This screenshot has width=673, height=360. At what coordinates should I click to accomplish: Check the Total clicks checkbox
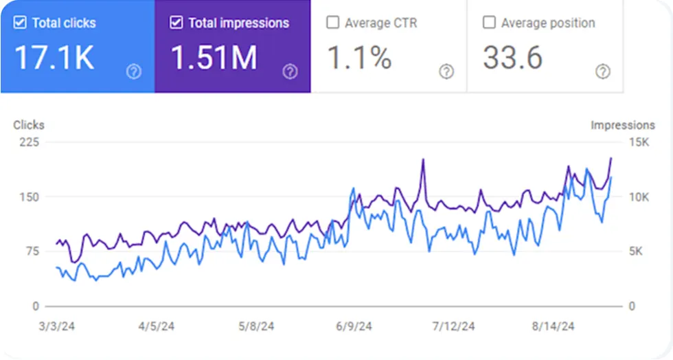[20, 23]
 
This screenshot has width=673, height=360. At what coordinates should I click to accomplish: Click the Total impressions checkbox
[176, 23]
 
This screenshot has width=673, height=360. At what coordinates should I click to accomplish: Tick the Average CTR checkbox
[332, 23]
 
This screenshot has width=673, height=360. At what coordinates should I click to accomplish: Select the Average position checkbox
[489, 23]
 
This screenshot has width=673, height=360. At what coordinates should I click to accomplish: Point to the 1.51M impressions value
[214, 58]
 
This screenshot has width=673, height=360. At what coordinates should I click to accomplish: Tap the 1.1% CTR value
[359, 58]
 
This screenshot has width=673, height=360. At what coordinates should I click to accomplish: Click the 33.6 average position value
[512, 58]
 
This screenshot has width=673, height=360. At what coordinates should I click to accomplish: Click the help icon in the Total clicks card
[134, 71]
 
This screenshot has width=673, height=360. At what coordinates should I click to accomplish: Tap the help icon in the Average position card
[602, 71]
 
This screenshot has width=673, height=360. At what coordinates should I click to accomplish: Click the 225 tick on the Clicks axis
[30, 142]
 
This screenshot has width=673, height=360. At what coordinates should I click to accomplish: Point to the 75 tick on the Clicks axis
[32, 251]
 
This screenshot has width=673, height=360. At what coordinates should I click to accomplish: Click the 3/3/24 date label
[56, 326]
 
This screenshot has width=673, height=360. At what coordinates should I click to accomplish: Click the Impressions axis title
[623, 125]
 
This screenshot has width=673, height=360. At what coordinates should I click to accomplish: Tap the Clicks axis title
[29, 125]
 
